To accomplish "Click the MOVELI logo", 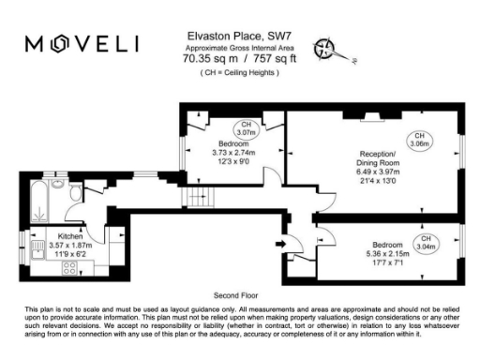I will pyautogui.click(x=82, y=44).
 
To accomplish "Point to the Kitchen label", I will pyautogui.click(x=71, y=236).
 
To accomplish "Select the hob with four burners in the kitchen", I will pyautogui.click(x=68, y=268).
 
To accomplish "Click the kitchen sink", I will pyautogui.click(x=37, y=249).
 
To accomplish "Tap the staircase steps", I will pyautogui.click(x=200, y=197).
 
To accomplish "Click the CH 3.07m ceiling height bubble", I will pyautogui.click(x=247, y=129).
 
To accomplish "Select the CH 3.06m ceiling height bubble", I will pyautogui.click(x=421, y=141).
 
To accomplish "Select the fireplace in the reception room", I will pyautogui.click(x=371, y=118).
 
